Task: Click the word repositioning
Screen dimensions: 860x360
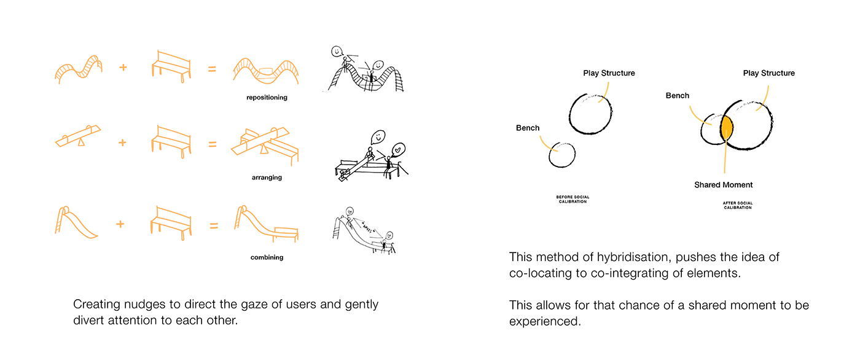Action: pos(267,98)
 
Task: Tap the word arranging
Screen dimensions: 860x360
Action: pos(267,178)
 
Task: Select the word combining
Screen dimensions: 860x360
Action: pos(267,257)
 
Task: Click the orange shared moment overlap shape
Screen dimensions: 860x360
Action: pos(726,127)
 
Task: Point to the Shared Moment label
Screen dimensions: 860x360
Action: pos(724,185)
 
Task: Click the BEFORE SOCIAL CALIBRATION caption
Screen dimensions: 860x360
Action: pos(573,199)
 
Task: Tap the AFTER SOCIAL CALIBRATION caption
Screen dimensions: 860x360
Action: pos(738,205)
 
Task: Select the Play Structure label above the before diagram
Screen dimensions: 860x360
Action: pos(609,73)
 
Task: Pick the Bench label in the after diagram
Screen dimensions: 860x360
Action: pos(677,96)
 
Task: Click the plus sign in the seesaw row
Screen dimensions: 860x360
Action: pos(122,143)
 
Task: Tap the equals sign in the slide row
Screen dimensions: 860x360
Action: pos(214,225)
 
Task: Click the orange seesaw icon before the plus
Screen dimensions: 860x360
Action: pos(78,136)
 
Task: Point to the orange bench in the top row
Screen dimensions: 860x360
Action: pos(171,66)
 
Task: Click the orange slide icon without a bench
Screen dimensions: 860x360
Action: pos(76,222)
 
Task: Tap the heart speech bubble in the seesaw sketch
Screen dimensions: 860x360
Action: pos(398,150)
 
